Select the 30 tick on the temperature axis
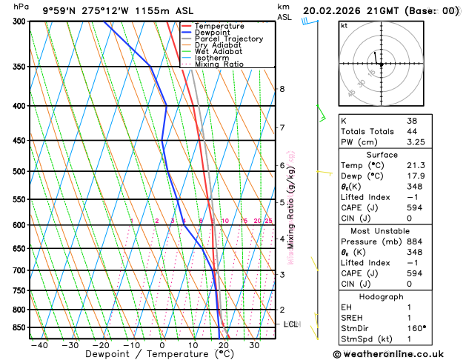(254, 345)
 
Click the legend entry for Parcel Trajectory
(228, 39)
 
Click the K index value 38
(412, 120)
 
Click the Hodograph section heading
(381, 296)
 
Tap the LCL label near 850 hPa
(291, 324)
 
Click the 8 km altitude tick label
(282, 89)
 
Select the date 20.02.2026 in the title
(333, 10)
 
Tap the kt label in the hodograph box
(344, 25)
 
